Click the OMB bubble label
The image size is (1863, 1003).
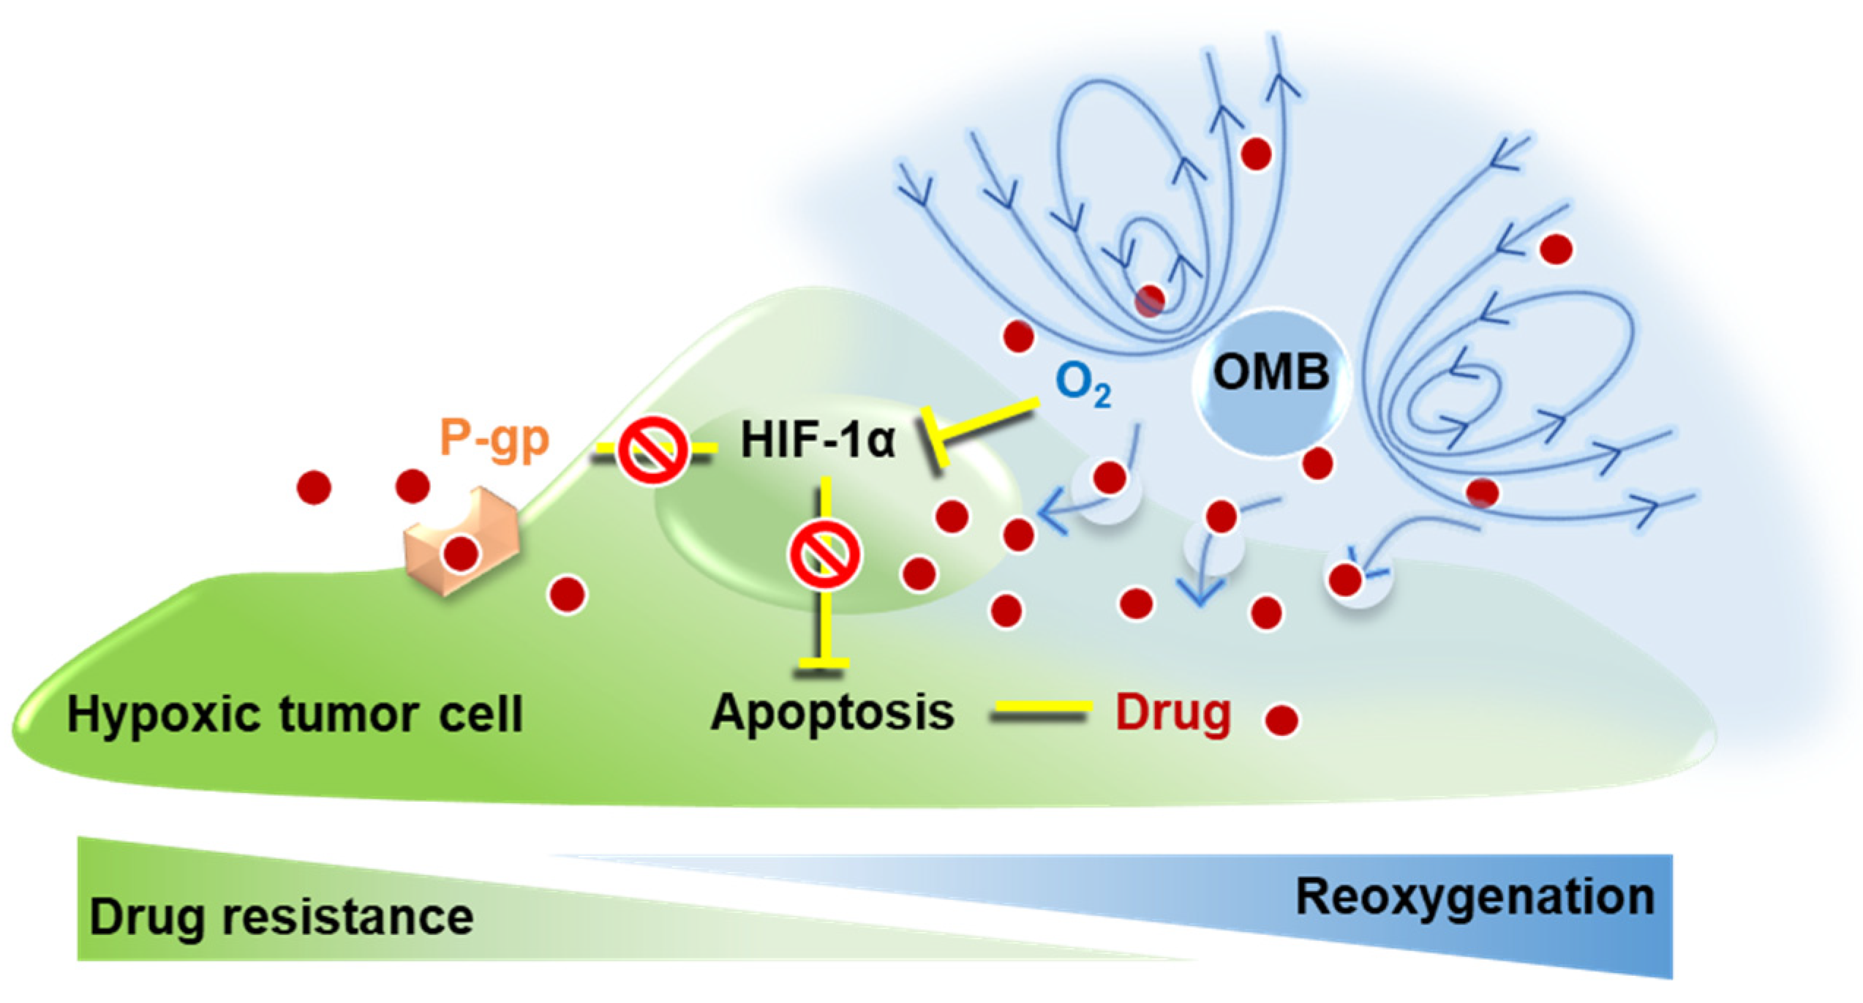click(1271, 372)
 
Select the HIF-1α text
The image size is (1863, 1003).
click(817, 440)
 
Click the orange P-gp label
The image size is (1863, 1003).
click(494, 440)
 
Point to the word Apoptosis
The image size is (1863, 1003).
click(832, 713)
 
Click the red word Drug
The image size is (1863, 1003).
click(1173, 713)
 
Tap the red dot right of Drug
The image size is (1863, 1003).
click(1281, 720)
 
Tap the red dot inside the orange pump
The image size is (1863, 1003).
click(461, 554)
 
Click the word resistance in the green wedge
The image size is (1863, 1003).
click(348, 917)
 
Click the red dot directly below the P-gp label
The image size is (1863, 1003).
click(413, 486)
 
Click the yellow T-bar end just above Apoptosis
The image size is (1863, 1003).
click(824, 663)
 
